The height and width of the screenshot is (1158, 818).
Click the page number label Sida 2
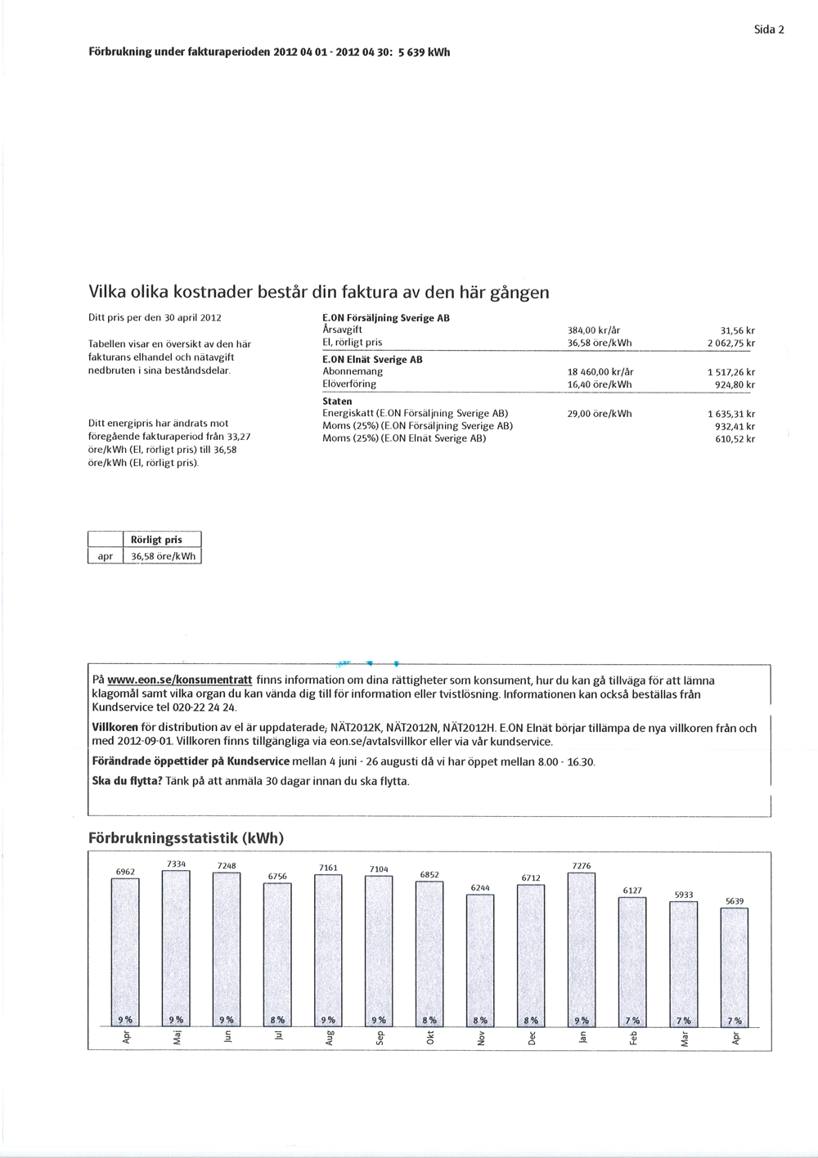(x=769, y=29)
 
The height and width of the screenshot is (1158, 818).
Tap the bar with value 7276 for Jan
(x=582, y=949)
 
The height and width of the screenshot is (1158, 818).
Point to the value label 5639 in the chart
(x=735, y=901)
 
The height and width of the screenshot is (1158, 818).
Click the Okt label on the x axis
(x=431, y=1038)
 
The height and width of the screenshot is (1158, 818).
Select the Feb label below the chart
(x=632, y=1038)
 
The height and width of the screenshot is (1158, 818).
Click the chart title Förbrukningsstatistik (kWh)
(x=186, y=838)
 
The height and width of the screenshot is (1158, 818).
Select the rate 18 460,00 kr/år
(x=600, y=371)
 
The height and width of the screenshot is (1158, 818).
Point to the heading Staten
(x=337, y=402)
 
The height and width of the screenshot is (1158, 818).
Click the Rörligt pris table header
(x=162, y=540)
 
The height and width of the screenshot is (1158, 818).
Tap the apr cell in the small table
(x=105, y=556)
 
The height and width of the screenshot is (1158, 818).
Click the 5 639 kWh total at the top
(x=424, y=52)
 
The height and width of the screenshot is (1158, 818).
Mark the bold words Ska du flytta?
(x=127, y=781)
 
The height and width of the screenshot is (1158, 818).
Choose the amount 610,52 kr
(x=735, y=439)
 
